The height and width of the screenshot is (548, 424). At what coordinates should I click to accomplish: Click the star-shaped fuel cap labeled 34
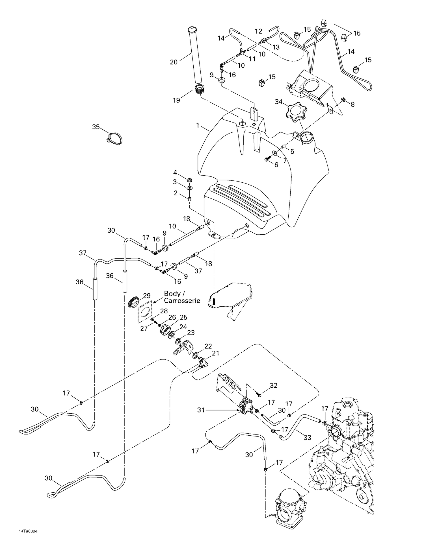coord(296,113)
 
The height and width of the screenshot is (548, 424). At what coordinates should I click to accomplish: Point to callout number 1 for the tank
coord(198,125)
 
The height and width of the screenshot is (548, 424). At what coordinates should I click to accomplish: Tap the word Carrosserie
coord(182,300)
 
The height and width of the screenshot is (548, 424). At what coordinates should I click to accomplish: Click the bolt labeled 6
coord(267,160)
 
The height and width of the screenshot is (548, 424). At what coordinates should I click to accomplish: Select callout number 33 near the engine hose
coord(307,437)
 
